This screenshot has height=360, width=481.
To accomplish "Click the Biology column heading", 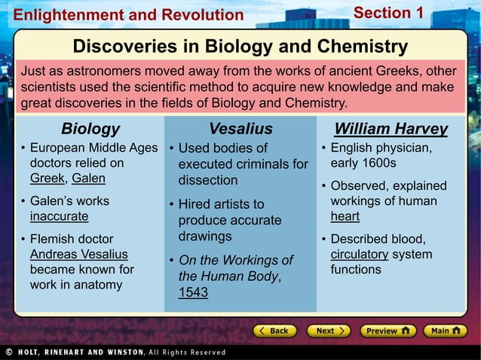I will (90, 129).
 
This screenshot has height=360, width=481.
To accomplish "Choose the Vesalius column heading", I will (240, 129).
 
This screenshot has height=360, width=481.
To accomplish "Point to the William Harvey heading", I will (391, 129).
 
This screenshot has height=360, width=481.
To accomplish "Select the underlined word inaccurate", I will (59, 217).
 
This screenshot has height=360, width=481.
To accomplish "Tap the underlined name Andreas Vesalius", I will (78, 255).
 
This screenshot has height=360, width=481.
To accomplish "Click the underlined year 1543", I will (193, 293).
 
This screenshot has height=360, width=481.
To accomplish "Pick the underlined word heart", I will (345, 217).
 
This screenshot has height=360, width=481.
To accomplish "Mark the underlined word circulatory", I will (359, 255).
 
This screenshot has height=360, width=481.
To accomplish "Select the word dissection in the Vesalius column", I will (207, 181).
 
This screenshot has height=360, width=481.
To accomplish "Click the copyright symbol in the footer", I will (8, 352).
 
